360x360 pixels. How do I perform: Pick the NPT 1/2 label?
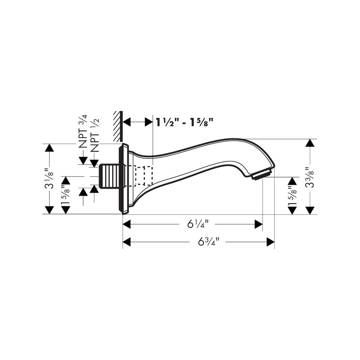[x=95, y=135]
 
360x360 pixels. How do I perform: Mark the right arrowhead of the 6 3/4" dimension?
[x=270, y=242]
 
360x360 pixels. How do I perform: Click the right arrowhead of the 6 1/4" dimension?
[x=258, y=224]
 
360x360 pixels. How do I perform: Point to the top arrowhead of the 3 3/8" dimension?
[x=310, y=143]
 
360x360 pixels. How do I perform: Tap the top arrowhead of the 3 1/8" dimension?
[x=49, y=148]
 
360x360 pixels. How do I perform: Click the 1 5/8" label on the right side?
[x=292, y=195]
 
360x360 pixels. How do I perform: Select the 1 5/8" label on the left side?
[x=66, y=195]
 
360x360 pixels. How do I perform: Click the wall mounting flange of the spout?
[x=124, y=179]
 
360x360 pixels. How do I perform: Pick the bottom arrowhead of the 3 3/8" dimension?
[x=310, y=210]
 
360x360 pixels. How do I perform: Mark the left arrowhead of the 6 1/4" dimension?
[x=127, y=224]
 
